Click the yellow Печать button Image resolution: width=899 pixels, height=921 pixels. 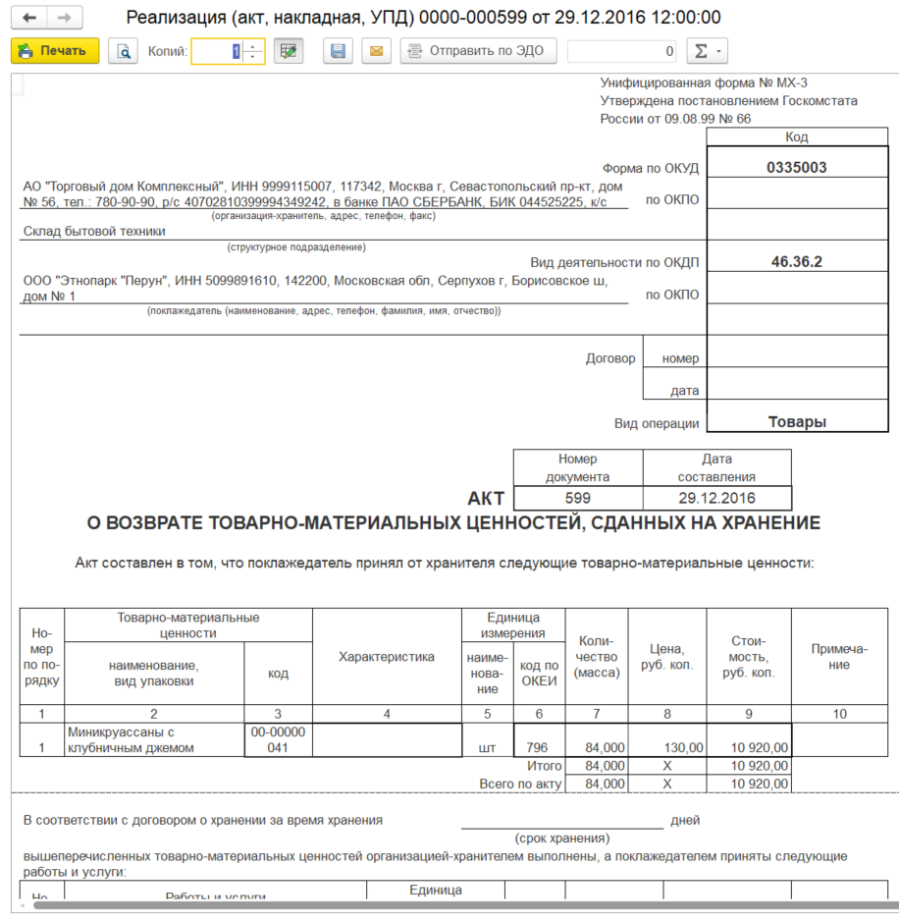pyautogui.click(x=55, y=51)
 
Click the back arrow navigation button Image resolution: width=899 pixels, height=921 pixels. pyautogui.click(x=30, y=18)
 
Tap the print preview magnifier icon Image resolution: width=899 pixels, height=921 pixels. pyautogui.click(x=123, y=51)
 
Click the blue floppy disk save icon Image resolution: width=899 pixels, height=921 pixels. pyautogui.click(x=338, y=51)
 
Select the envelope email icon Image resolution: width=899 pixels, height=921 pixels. pyautogui.click(x=376, y=51)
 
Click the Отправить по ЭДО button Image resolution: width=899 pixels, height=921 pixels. pyautogui.click(x=478, y=51)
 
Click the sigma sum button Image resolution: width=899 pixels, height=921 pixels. pyautogui.click(x=706, y=51)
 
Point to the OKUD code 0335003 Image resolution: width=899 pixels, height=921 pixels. pyautogui.click(x=796, y=168)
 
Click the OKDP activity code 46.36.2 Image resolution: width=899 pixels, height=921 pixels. pyautogui.click(x=796, y=262)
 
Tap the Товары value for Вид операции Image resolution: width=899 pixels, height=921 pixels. pyautogui.click(x=796, y=422)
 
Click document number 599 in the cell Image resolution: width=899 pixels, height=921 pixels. pyautogui.click(x=578, y=498)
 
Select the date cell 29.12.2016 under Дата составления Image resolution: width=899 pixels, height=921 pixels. pyautogui.click(x=716, y=498)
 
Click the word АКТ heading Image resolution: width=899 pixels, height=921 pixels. pyautogui.click(x=487, y=499)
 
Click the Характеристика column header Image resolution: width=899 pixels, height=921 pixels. pyautogui.click(x=386, y=657)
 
